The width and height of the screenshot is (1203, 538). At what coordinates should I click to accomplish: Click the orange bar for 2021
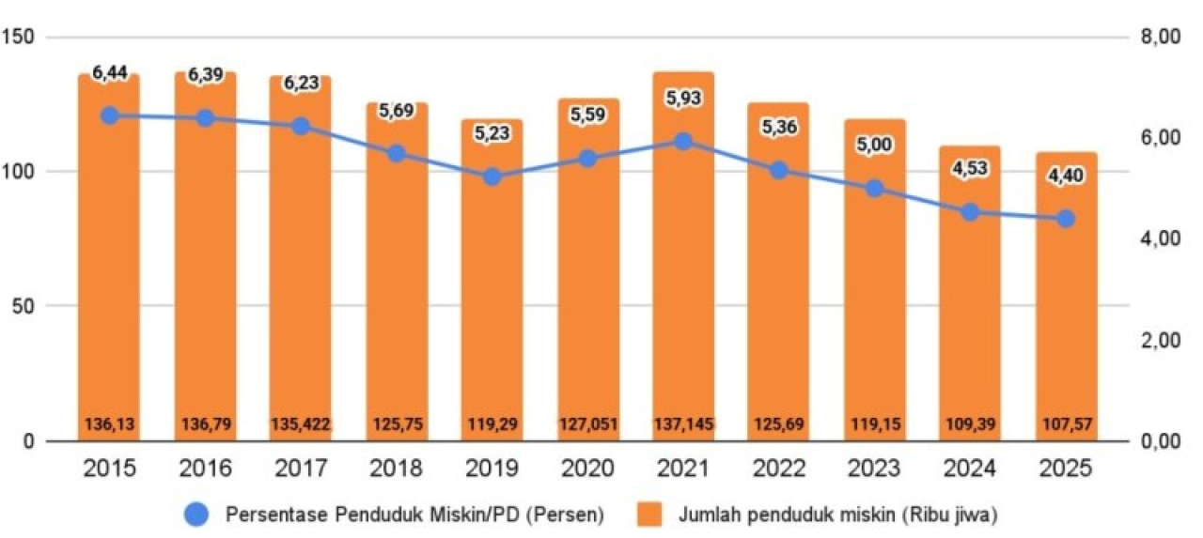683,282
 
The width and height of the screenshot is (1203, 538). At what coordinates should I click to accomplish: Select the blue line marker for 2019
492,177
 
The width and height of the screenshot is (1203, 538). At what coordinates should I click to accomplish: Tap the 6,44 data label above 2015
109,72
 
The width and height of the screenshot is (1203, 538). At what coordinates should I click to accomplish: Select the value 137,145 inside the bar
683,424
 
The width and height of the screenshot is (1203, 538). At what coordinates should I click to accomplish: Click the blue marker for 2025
1065,219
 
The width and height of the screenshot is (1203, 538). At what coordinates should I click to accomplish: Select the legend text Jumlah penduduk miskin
827,513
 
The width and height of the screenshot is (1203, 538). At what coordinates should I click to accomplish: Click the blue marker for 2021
683,142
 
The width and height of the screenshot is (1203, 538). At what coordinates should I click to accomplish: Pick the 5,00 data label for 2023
874,146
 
